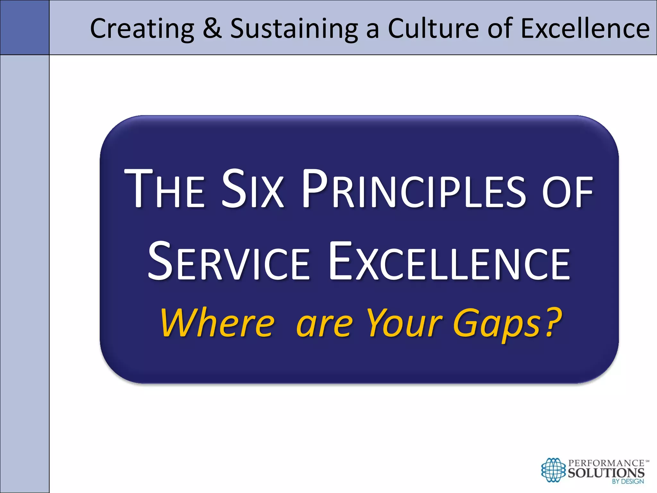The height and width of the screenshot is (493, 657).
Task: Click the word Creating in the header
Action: click(142, 29)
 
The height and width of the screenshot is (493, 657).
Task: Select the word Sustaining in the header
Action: click(294, 29)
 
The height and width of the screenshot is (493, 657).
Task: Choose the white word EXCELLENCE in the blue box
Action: click(449, 262)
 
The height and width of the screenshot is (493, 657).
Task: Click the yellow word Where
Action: click(218, 323)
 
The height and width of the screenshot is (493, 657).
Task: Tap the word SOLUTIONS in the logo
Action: click(606, 472)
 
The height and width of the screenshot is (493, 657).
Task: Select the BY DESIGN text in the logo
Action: click(627, 481)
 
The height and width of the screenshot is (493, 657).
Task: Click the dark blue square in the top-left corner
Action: click(25, 27)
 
